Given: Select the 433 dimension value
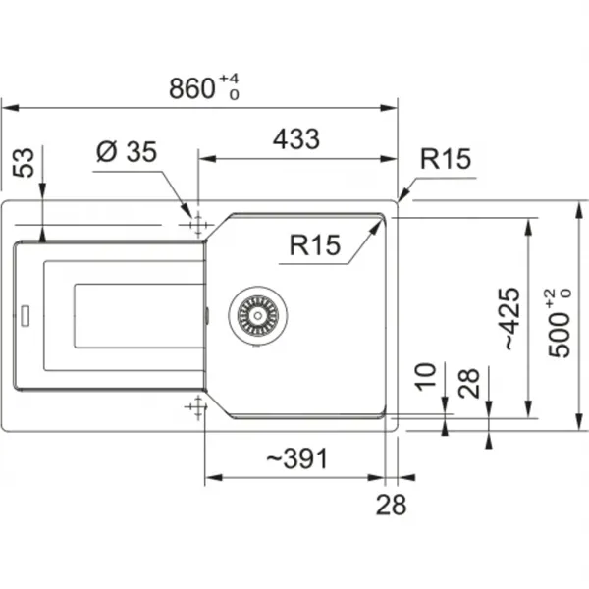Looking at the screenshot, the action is [x=296, y=139].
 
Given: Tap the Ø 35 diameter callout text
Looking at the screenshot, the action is [x=127, y=152].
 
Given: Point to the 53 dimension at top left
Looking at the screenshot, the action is [x=24, y=162].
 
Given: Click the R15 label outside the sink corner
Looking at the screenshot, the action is [x=445, y=158].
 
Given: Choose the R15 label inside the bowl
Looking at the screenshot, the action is [x=315, y=244].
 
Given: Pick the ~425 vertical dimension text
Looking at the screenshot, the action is [x=511, y=318].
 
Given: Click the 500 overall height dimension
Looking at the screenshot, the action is [x=559, y=323].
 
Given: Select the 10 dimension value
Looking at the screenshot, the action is [x=425, y=377].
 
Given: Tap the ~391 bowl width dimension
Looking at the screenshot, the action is [x=296, y=458].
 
